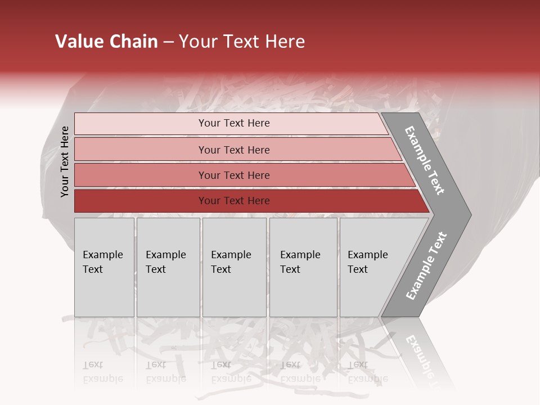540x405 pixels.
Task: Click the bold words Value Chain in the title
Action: coord(106,42)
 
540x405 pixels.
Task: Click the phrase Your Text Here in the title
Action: coord(242,42)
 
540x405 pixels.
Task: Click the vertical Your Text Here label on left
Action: coord(65,161)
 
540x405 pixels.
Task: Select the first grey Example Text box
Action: coord(104,267)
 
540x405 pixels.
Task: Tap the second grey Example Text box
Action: coord(168,267)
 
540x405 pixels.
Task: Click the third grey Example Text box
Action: coord(234,267)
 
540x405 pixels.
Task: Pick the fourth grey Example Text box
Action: coord(303,267)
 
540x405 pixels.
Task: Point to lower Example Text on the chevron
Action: coord(426,266)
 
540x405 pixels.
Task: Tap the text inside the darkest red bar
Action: coord(234,201)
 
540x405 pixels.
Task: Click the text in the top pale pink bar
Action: coord(234,123)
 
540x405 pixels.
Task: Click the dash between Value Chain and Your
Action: coord(168,42)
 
